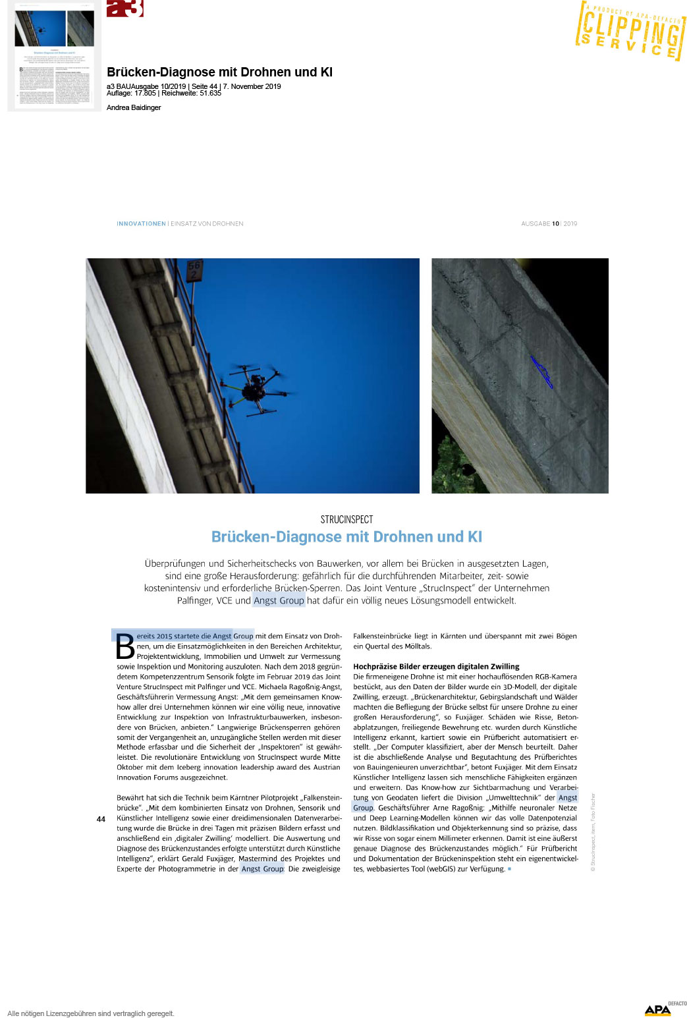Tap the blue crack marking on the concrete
point(542,372)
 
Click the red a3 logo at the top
point(124,8)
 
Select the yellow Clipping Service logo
point(630,31)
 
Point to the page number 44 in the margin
point(101,819)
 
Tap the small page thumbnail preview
point(54,57)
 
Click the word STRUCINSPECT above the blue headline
point(346,519)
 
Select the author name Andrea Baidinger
point(134,107)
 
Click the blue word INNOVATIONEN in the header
point(141,224)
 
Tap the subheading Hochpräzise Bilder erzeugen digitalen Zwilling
point(436,666)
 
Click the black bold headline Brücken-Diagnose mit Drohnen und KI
point(219,72)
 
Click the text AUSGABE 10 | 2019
point(549,224)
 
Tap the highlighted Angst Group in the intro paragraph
point(279,600)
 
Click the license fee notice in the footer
point(91,1013)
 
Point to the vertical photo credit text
point(593,832)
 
